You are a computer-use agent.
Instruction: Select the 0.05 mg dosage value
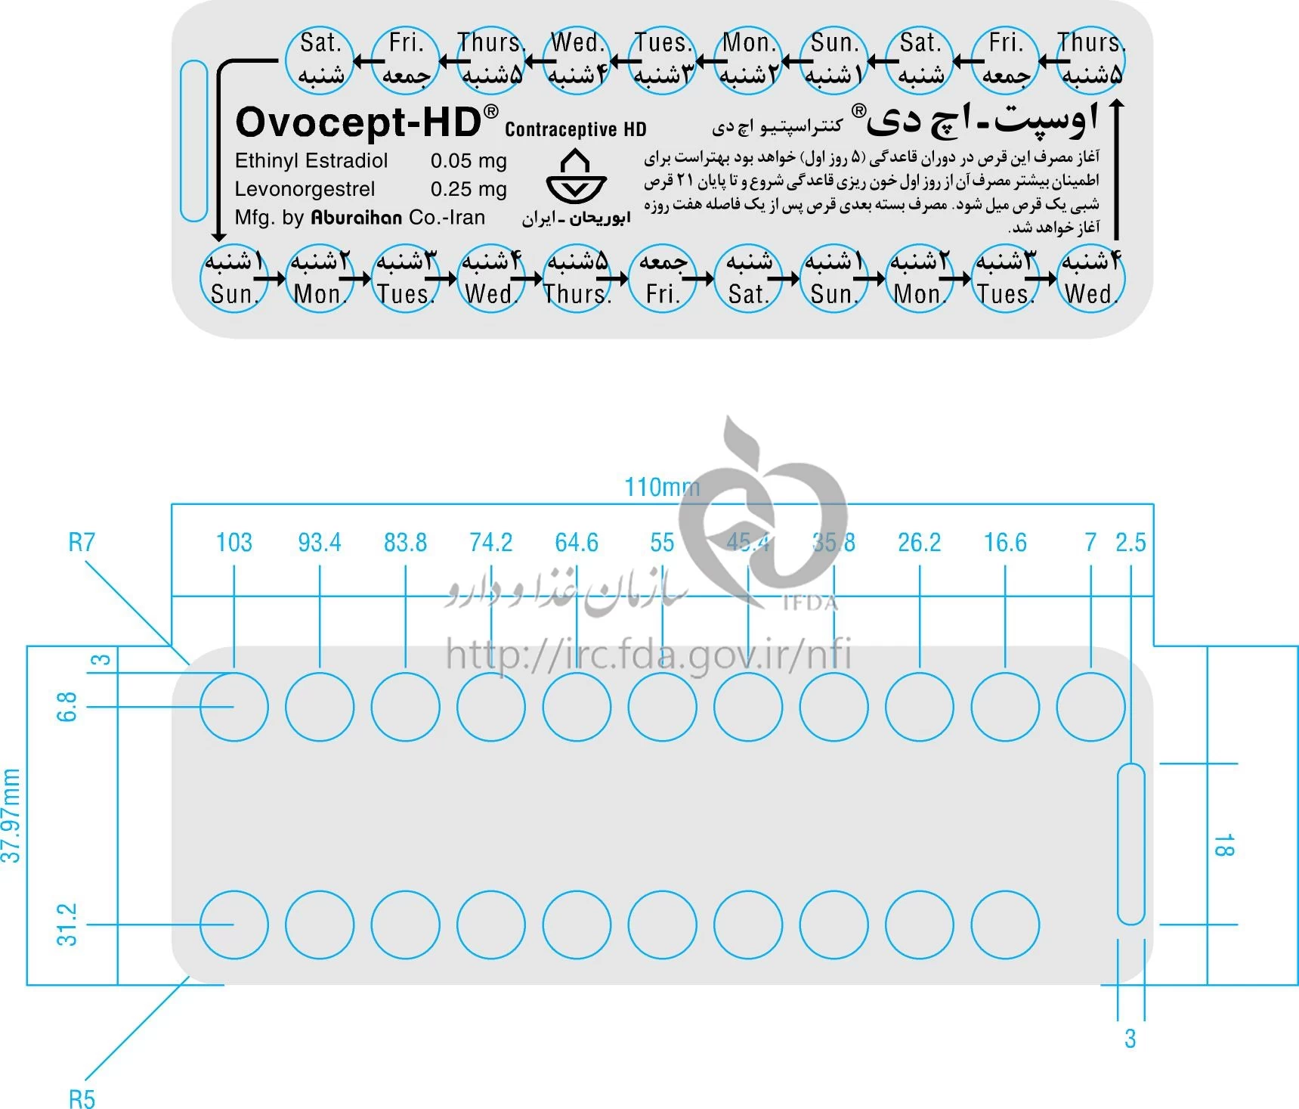(469, 161)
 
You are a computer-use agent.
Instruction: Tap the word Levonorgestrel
(305, 189)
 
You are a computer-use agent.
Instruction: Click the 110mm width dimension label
(662, 487)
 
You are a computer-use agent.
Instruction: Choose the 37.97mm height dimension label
(11, 816)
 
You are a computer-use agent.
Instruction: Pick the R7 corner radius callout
(82, 542)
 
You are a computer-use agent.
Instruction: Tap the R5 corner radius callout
(82, 1098)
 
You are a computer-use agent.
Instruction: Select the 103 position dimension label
(234, 542)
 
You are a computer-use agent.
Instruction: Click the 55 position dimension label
(662, 542)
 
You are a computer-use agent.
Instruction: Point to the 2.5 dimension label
(1130, 542)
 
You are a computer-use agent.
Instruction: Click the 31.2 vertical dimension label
(66, 924)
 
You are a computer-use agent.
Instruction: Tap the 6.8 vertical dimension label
(66, 707)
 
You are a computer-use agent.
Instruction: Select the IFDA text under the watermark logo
(809, 603)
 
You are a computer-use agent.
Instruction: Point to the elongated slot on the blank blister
(1130, 844)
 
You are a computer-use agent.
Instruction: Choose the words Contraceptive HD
(576, 129)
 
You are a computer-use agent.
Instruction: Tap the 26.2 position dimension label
(920, 542)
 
